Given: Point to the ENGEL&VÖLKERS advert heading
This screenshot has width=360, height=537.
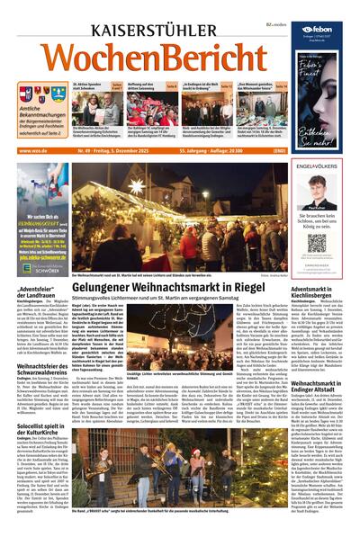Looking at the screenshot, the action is [x=317, y=167].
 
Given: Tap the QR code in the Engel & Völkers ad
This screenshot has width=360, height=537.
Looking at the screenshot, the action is [x=317, y=242].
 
